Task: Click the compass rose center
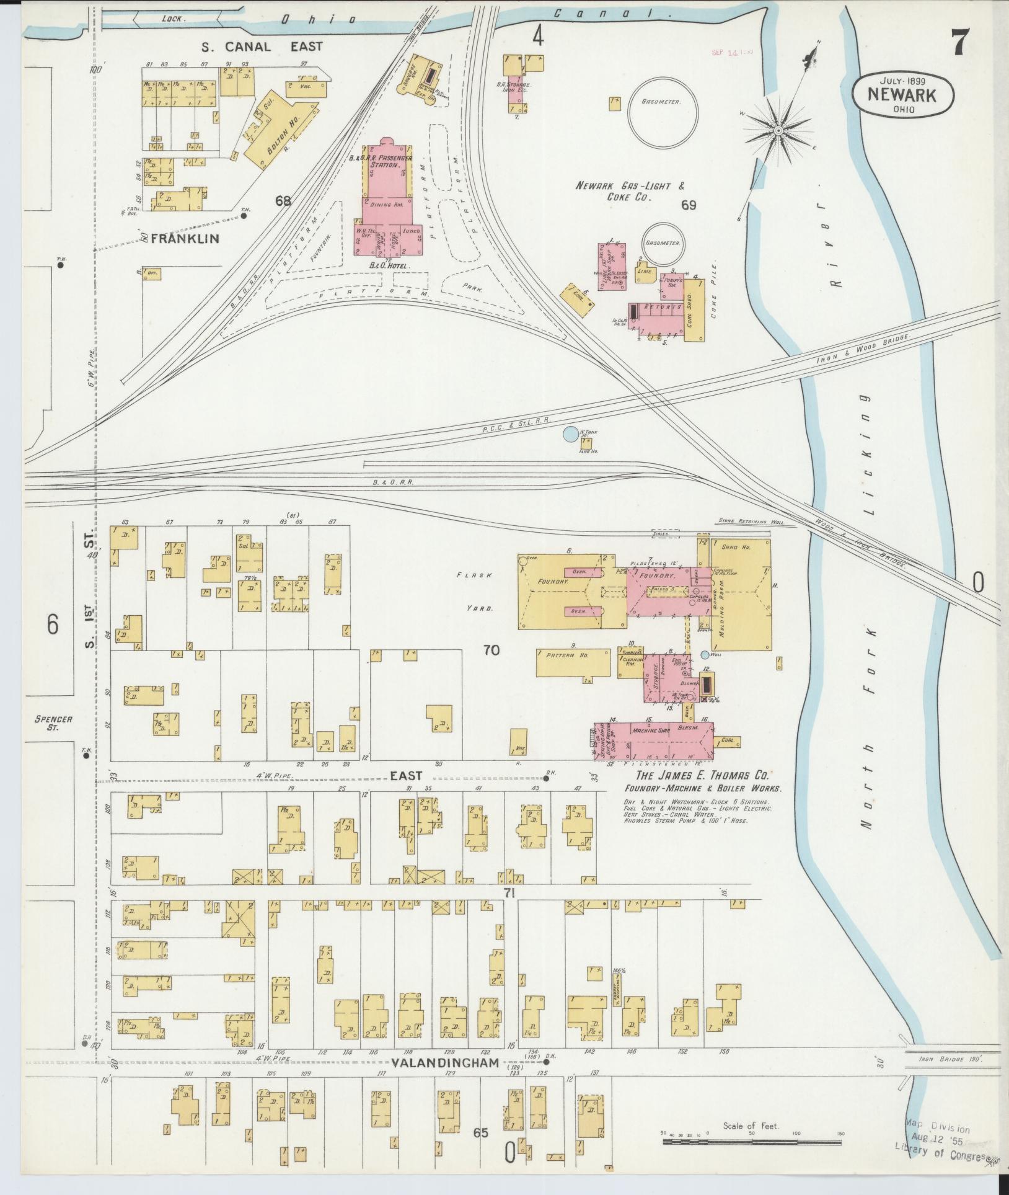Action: [778, 130]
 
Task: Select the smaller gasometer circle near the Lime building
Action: [663, 244]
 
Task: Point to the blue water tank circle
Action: [570, 434]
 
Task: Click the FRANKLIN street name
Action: [185, 238]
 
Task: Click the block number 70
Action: [491, 651]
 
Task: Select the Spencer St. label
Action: [53, 723]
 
